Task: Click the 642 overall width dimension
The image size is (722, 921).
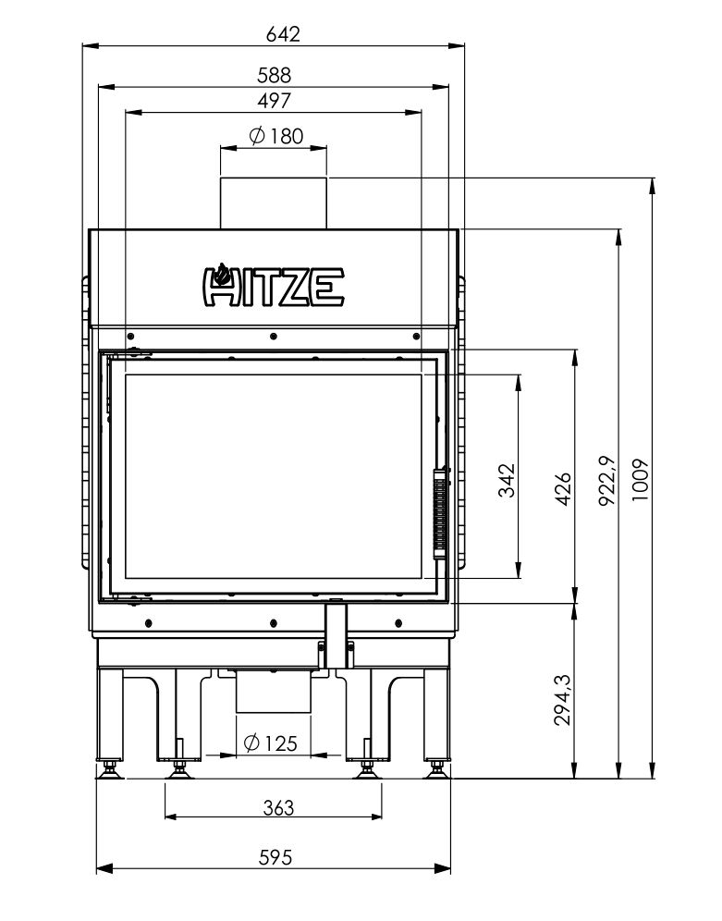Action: click(283, 34)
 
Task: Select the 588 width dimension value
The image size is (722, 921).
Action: click(275, 75)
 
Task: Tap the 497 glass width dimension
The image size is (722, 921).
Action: click(275, 101)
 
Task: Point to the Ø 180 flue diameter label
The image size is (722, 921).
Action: click(275, 136)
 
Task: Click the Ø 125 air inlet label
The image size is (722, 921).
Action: click(270, 743)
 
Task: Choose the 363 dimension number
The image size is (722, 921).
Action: click(278, 808)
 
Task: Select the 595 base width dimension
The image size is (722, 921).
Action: click(275, 858)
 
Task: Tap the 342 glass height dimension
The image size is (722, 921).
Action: click(507, 481)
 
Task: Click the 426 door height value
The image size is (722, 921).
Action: click(562, 488)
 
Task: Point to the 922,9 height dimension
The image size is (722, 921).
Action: click(607, 481)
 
